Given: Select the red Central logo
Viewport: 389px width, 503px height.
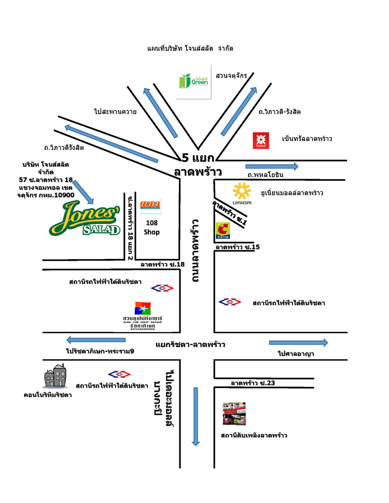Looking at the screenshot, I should [x=260, y=140].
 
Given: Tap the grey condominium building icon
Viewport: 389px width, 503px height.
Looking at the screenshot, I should [x=54, y=377].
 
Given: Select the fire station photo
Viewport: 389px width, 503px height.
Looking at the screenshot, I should [x=233, y=414].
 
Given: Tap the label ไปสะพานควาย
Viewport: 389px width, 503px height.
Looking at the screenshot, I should [x=115, y=111].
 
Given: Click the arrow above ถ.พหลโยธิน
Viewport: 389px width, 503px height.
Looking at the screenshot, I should [x=272, y=166].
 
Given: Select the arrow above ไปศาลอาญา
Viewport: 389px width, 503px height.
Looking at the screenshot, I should [x=298, y=342].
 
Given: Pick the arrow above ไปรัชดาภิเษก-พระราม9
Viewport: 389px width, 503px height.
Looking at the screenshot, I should [x=96, y=340].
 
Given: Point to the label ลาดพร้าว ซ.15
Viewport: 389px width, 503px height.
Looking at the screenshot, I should [x=238, y=248].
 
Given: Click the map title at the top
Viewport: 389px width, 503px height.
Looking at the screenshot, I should [x=190, y=48].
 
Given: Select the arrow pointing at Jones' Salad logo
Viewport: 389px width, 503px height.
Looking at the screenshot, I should [x=84, y=192].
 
